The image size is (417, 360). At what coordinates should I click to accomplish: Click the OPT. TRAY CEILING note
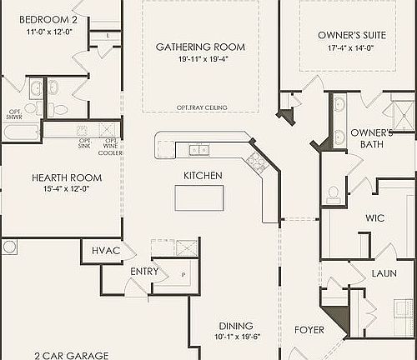pyautogui.click(x=201, y=107)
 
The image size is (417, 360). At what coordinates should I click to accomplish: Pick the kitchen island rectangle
pyautogui.click(x=199, y=197)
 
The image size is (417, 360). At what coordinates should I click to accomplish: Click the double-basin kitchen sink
pyautogui.click(x=199, y=150)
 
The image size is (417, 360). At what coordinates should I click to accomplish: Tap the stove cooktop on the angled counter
pyautogui.click(x=258, y=162)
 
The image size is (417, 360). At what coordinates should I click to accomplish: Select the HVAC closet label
pyautogui.click(x=106, y=251)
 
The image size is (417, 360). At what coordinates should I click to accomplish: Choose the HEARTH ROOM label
pyautogui.click(x=67, y=177)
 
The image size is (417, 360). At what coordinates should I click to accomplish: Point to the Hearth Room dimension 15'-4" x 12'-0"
pyautogui.click(x=67, y=189)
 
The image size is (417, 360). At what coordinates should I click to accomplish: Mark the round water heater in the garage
pyautogui.click(x=9, y=247)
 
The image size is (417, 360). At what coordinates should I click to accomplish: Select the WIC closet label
pyautogui.click(x=374, y=217)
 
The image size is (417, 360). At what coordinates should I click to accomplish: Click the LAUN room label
pyautogui.click(x=384, y=272)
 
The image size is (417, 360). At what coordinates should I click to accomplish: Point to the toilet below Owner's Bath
pyautogui.click(x=333, y=193)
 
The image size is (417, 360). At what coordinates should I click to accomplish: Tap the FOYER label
pyautogui.click(x=309, y=330)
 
